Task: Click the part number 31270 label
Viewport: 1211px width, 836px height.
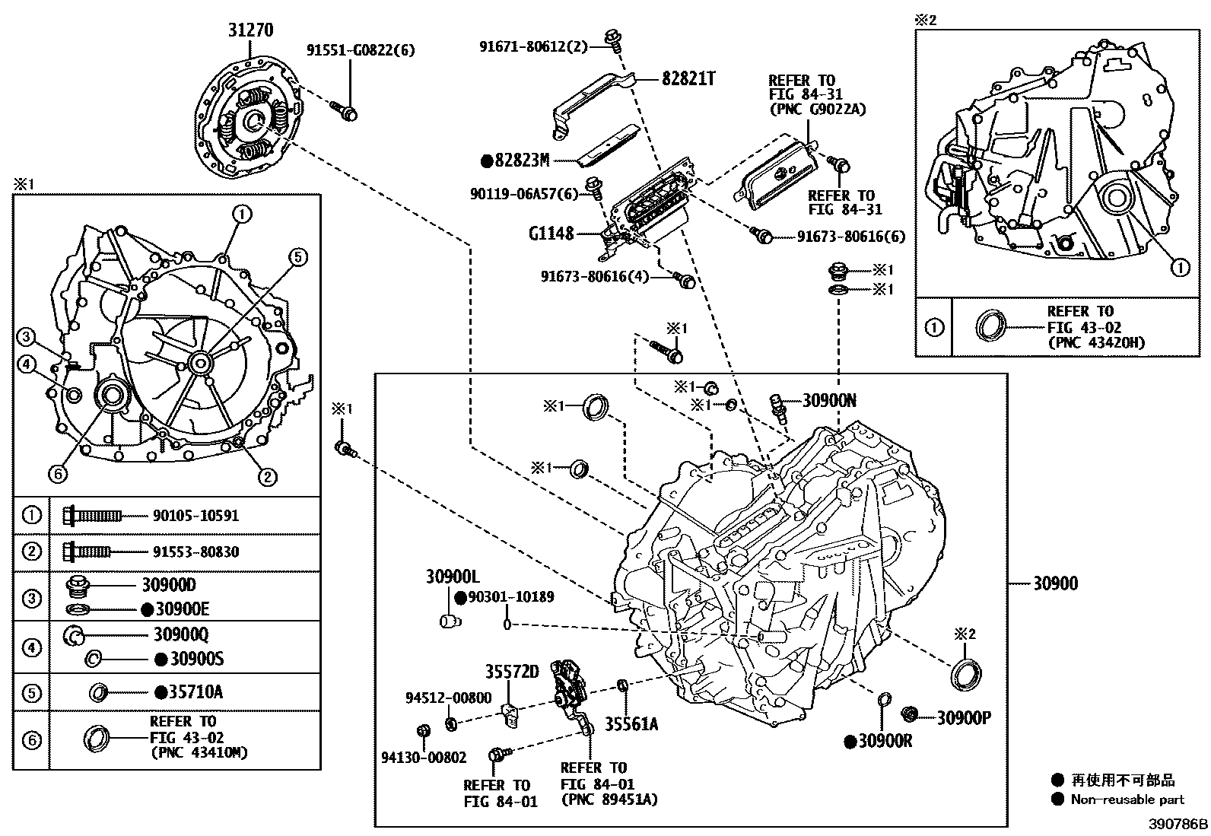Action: coord(250,30)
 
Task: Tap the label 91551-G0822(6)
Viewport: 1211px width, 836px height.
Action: coord(361,50)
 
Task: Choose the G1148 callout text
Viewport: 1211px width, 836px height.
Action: coord(551,234)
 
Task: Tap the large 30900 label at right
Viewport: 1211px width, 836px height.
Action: coord(1055,584)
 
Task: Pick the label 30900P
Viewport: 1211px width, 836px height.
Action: coord(963,717)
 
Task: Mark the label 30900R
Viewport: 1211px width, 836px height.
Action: coord(885,741)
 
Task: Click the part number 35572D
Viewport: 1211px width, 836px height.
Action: coord(512,672)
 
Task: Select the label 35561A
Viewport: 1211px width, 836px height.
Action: coord(631,724)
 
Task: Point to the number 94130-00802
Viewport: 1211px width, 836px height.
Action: coord(424,758)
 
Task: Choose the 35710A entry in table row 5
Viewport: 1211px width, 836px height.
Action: coord(195,692)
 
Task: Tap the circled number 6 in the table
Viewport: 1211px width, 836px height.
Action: coord(31,739)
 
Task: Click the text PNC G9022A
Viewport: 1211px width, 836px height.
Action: coord(817,110)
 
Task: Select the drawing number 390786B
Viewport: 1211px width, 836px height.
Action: coord(1178,825)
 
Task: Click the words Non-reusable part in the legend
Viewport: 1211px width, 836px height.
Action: coord(1127,799)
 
